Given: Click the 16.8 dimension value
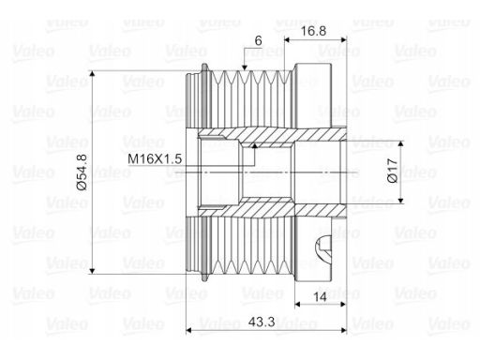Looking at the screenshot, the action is click(313, 31).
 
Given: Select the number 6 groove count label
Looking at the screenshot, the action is click(258, 40).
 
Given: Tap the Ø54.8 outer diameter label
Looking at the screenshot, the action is click(82, 172).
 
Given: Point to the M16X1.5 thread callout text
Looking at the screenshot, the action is click(155, 159).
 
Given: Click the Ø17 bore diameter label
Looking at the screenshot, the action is click(393, 171).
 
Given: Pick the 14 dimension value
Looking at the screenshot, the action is click(320, 297).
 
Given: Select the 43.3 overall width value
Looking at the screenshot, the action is click(262, 322).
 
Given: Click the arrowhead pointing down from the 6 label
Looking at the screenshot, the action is click(245, 67).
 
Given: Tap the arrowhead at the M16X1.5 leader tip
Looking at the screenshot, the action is click(255, 146).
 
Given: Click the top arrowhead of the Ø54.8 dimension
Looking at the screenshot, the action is click(92, 74).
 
